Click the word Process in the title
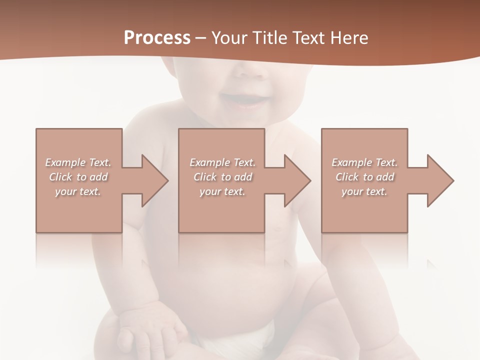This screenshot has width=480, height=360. [x=157, y=38]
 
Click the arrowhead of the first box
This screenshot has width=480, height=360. [x=154, y=180]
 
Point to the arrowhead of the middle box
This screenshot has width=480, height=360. [x=297, y=180]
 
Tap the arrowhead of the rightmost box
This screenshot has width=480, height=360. [x=440, y=180]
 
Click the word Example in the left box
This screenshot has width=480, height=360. [x=65, y=162]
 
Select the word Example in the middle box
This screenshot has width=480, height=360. [x=209, y=162]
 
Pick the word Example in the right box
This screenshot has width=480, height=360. [x=351, y=162]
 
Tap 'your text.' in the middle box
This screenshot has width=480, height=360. [x=222, y=191]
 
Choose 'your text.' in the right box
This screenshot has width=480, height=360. [x=364, y=191]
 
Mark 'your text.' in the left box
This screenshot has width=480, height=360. [x=78, y=191]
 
